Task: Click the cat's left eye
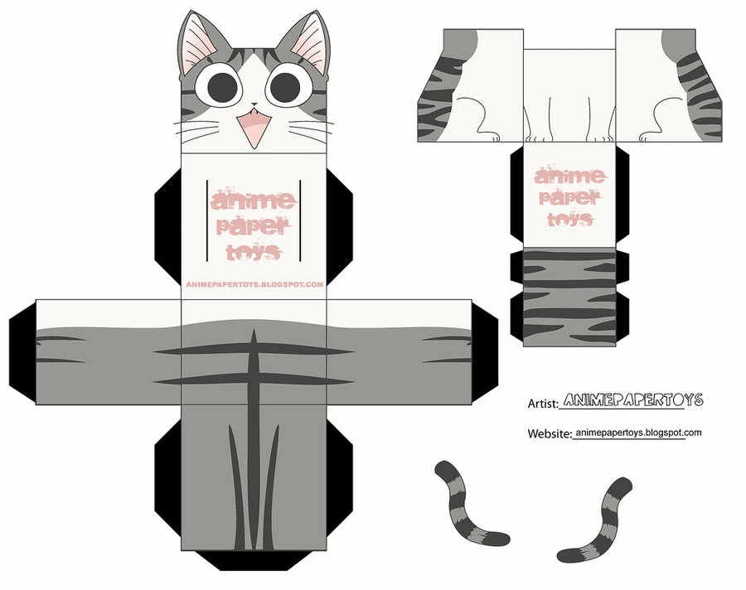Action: pyautogui.click(x=220, y=87)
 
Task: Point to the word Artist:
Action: pyautogui.click(x=544, y=404)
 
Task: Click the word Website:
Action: pyautogui.click(x=549, y=433)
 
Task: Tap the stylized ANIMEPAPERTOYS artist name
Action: pyautogui.click(x=632, y=400)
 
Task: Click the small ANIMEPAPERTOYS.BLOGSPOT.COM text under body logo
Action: pyautogui.click(x=254, y=284)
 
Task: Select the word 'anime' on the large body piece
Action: pyautogui.click(x=254, y=201)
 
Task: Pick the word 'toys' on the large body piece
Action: pyautogui.click(x=254, y=253)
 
